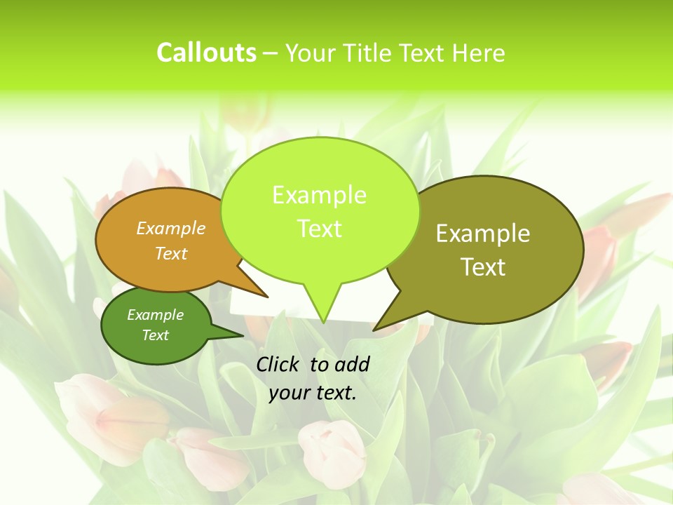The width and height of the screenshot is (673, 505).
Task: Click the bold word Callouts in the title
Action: (206, 53)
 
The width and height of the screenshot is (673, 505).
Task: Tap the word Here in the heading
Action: (478, 53)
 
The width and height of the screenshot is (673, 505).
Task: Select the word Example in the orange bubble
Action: (171, 228)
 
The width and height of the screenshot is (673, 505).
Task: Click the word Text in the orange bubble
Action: (171, 253)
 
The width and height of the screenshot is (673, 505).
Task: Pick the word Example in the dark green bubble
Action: (155, 315)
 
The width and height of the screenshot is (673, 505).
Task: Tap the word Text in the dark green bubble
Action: (155, 335)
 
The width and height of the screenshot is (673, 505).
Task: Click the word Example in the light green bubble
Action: (319, 195)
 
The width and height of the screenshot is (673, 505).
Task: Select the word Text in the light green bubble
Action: (319, 229)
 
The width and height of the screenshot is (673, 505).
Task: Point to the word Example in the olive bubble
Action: (483, 234)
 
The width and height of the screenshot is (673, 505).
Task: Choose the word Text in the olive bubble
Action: (483, 267)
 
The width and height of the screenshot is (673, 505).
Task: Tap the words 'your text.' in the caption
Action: (313, 393)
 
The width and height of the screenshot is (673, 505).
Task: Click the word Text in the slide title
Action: (422, 53)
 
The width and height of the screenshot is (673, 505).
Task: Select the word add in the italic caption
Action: (351, 364)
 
